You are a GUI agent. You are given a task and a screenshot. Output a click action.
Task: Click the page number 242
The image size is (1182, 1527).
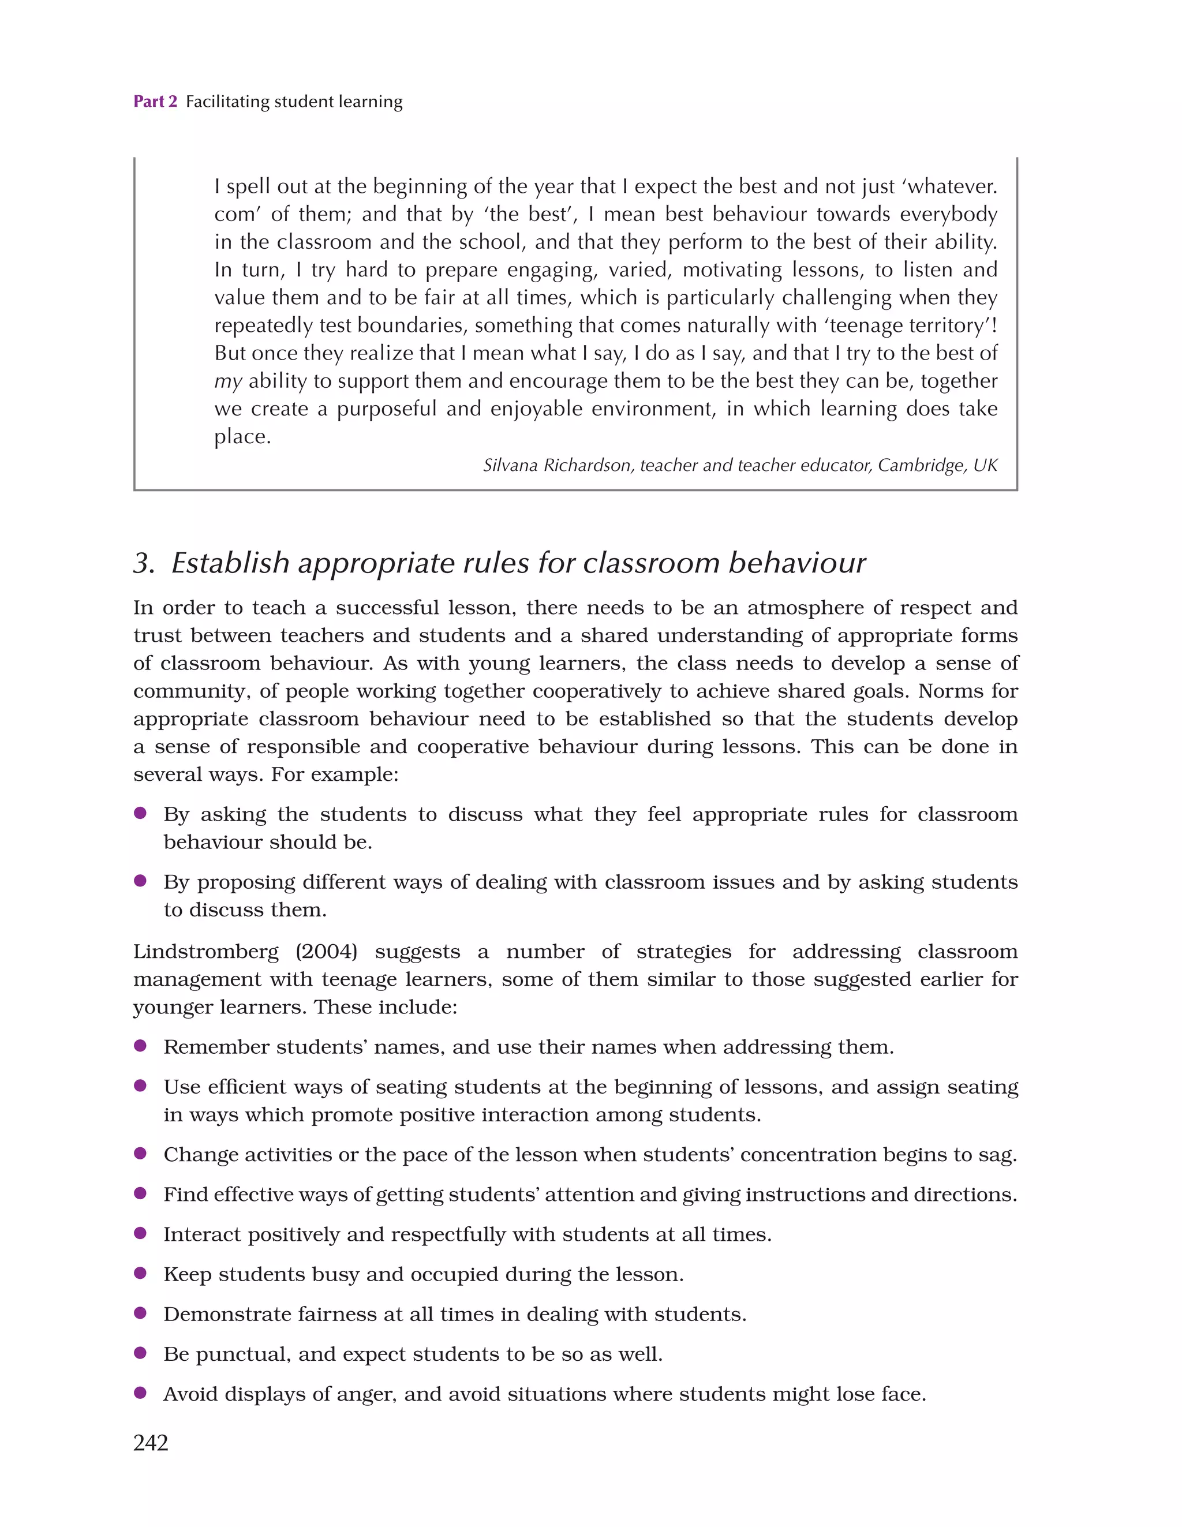(151, 1442)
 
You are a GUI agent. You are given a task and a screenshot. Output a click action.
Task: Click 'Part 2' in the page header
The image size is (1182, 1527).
(155, 102)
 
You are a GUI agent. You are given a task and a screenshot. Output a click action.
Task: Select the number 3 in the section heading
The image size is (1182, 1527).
(143, 563)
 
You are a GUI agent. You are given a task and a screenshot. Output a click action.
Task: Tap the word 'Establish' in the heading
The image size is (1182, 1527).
(230, 563)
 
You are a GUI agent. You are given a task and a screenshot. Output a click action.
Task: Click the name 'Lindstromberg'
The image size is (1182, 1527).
(205, 952)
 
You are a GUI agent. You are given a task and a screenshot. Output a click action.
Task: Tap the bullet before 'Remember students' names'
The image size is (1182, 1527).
(140, 1045)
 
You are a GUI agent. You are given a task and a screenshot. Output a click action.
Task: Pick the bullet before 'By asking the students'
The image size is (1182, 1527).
(140, 813)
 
